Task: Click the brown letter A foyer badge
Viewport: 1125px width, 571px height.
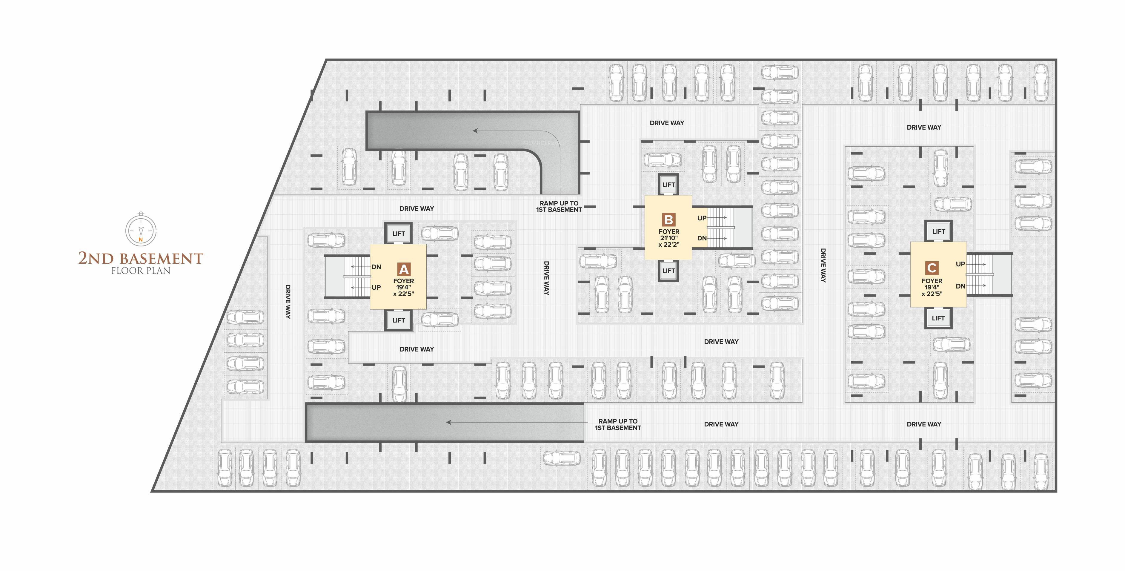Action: click(x=404, y=269)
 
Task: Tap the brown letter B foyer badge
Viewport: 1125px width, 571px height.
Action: click(x=668, y=220)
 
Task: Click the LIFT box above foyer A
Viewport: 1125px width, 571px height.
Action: click(x=398, y=234)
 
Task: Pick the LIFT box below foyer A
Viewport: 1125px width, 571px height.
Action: click(x=398, y=320)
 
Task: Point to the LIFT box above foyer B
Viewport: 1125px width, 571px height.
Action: click(x=668, y=185)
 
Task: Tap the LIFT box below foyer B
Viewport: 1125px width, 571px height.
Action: click(x=668, y=271)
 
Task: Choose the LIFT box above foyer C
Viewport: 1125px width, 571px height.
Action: click(x=938, y=231)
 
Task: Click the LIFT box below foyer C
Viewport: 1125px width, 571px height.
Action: click(x=938, y=318)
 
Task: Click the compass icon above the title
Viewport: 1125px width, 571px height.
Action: click(x=141, y=229)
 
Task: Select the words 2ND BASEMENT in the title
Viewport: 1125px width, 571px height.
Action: click(x=141, y=258)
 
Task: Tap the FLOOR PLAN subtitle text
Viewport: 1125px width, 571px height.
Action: click(x=141, y=271)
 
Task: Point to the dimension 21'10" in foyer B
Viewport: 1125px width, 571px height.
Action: click(x=668, y=238)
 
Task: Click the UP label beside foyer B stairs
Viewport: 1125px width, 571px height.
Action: click(x=702, y=218)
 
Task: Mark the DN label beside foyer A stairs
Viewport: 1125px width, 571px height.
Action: click(x=376, y=267)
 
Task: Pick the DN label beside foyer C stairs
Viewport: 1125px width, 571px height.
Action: click(x=960, y=286)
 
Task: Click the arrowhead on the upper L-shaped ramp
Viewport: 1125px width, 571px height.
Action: click(x=475, y=130)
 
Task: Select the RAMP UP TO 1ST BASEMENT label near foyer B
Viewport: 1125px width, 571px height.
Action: click(x=559, y=206)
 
